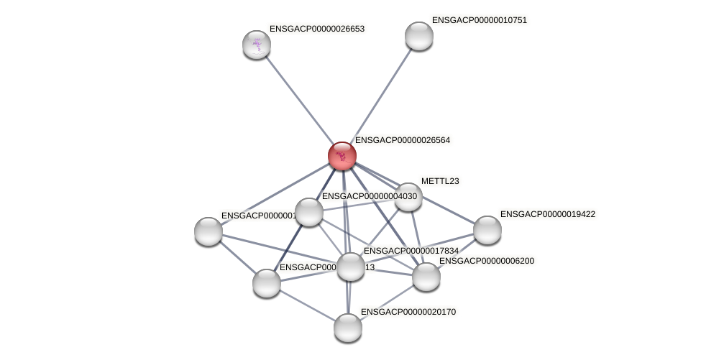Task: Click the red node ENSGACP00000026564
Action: [342, 156]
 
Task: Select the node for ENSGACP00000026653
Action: [257, 45]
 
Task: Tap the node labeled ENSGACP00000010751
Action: [419, 36]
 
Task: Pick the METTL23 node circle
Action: [408, 197]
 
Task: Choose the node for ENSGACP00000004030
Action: [309, 212]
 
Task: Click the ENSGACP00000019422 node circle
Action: [487, 230]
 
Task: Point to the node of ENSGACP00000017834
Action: [351, 267]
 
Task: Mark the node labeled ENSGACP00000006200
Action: [426, 277]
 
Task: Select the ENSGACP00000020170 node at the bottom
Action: [348, 328]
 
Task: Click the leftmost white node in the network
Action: [209, 231]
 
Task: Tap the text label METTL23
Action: [440, 181]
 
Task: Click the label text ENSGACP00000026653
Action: [317, 29]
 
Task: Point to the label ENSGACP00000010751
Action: [480, 20]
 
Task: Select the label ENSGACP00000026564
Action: [403, 140]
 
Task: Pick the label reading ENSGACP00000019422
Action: [548, 214]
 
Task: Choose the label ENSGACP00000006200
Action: [487, 261]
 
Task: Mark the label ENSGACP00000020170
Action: [408, 312]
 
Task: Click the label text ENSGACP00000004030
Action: [369, 196]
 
